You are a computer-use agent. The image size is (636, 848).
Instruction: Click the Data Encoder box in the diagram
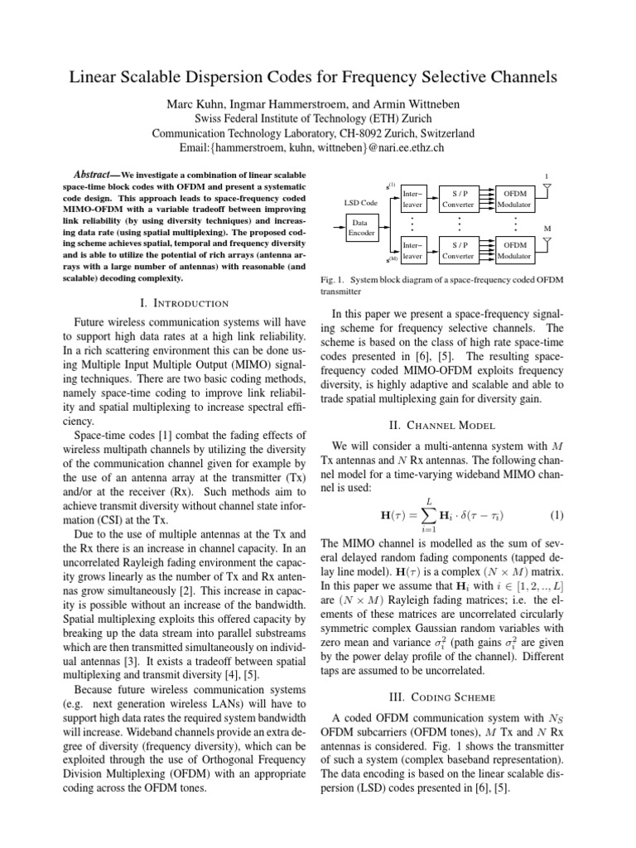(x=360, y=228)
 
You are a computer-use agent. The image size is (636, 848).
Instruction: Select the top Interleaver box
(x=411, y=199)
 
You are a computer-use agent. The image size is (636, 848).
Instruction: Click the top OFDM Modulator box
(x=515, y=199)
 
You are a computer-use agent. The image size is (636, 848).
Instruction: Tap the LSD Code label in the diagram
(x=360, y=202)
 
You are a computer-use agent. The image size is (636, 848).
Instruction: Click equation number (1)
(x=556, y=514)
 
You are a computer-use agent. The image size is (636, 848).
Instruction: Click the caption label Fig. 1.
(x=334, y=279)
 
